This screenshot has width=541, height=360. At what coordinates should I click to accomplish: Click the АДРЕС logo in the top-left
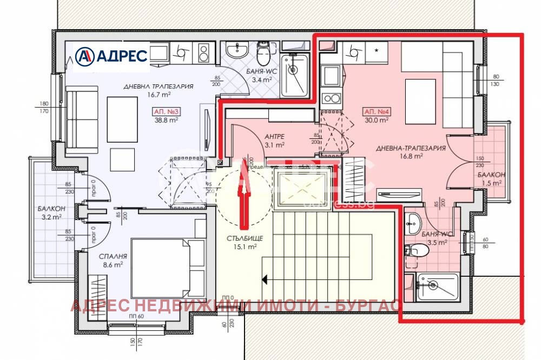[111, 56]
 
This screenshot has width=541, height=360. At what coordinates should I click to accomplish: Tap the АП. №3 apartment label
[166, 112]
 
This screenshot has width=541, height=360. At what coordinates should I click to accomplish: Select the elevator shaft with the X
[301, 189]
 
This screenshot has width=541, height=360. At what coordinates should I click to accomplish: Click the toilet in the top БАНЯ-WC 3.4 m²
[263, 53]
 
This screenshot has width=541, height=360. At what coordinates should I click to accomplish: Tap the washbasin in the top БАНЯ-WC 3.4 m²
[236, 51]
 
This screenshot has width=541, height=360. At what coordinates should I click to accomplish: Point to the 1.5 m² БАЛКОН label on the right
[491, 179]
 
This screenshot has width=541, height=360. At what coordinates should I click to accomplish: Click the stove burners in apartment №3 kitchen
[204, 53]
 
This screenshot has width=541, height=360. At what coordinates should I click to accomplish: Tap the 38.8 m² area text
[166, 121]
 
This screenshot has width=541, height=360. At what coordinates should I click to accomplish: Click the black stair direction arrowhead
[266, 279]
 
